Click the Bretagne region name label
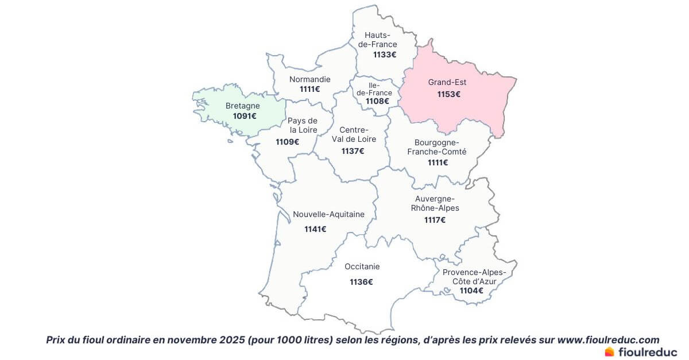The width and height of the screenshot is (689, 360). click(242, 106)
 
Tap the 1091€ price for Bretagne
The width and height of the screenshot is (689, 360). click(245, 117)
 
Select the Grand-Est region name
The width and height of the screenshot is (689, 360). click(447, 83)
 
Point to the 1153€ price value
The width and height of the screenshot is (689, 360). click(449, 94)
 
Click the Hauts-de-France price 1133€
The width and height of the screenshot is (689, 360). click(385, 55)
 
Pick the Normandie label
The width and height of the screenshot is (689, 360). click(310, 79)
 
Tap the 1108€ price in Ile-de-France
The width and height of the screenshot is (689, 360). click(377, 102)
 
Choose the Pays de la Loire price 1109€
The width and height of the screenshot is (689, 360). click(287, 142)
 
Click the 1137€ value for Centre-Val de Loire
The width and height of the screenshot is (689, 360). click(353, 151)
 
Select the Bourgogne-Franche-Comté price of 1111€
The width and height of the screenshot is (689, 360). click(438, 162)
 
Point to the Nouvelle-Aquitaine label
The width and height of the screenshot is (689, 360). click(328, 215)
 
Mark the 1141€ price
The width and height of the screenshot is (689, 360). click(315, 229)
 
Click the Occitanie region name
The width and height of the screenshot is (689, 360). click(362, 267)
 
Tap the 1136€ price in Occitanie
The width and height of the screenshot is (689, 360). click(361, 282)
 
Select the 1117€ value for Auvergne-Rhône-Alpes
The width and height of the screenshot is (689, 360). click(435, 220)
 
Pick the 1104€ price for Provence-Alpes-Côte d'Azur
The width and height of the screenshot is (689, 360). click(471, 291)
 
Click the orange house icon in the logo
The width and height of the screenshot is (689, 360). click(610, 351)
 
